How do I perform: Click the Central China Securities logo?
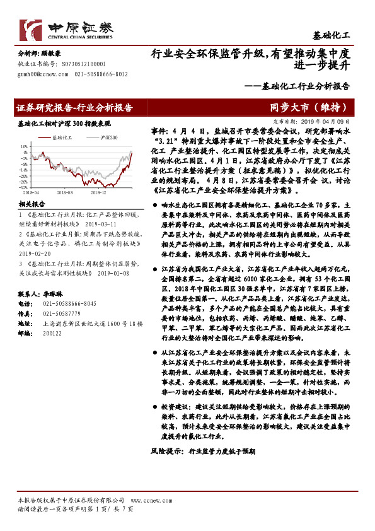(x=66, y=30)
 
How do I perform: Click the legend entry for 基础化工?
(x=62, y=136)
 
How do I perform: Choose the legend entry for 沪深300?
(x=105, y=136)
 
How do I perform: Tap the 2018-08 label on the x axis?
(x=64, y=193)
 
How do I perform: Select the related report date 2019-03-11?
(x=100, y=223)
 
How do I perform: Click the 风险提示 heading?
(x=166, y=469)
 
